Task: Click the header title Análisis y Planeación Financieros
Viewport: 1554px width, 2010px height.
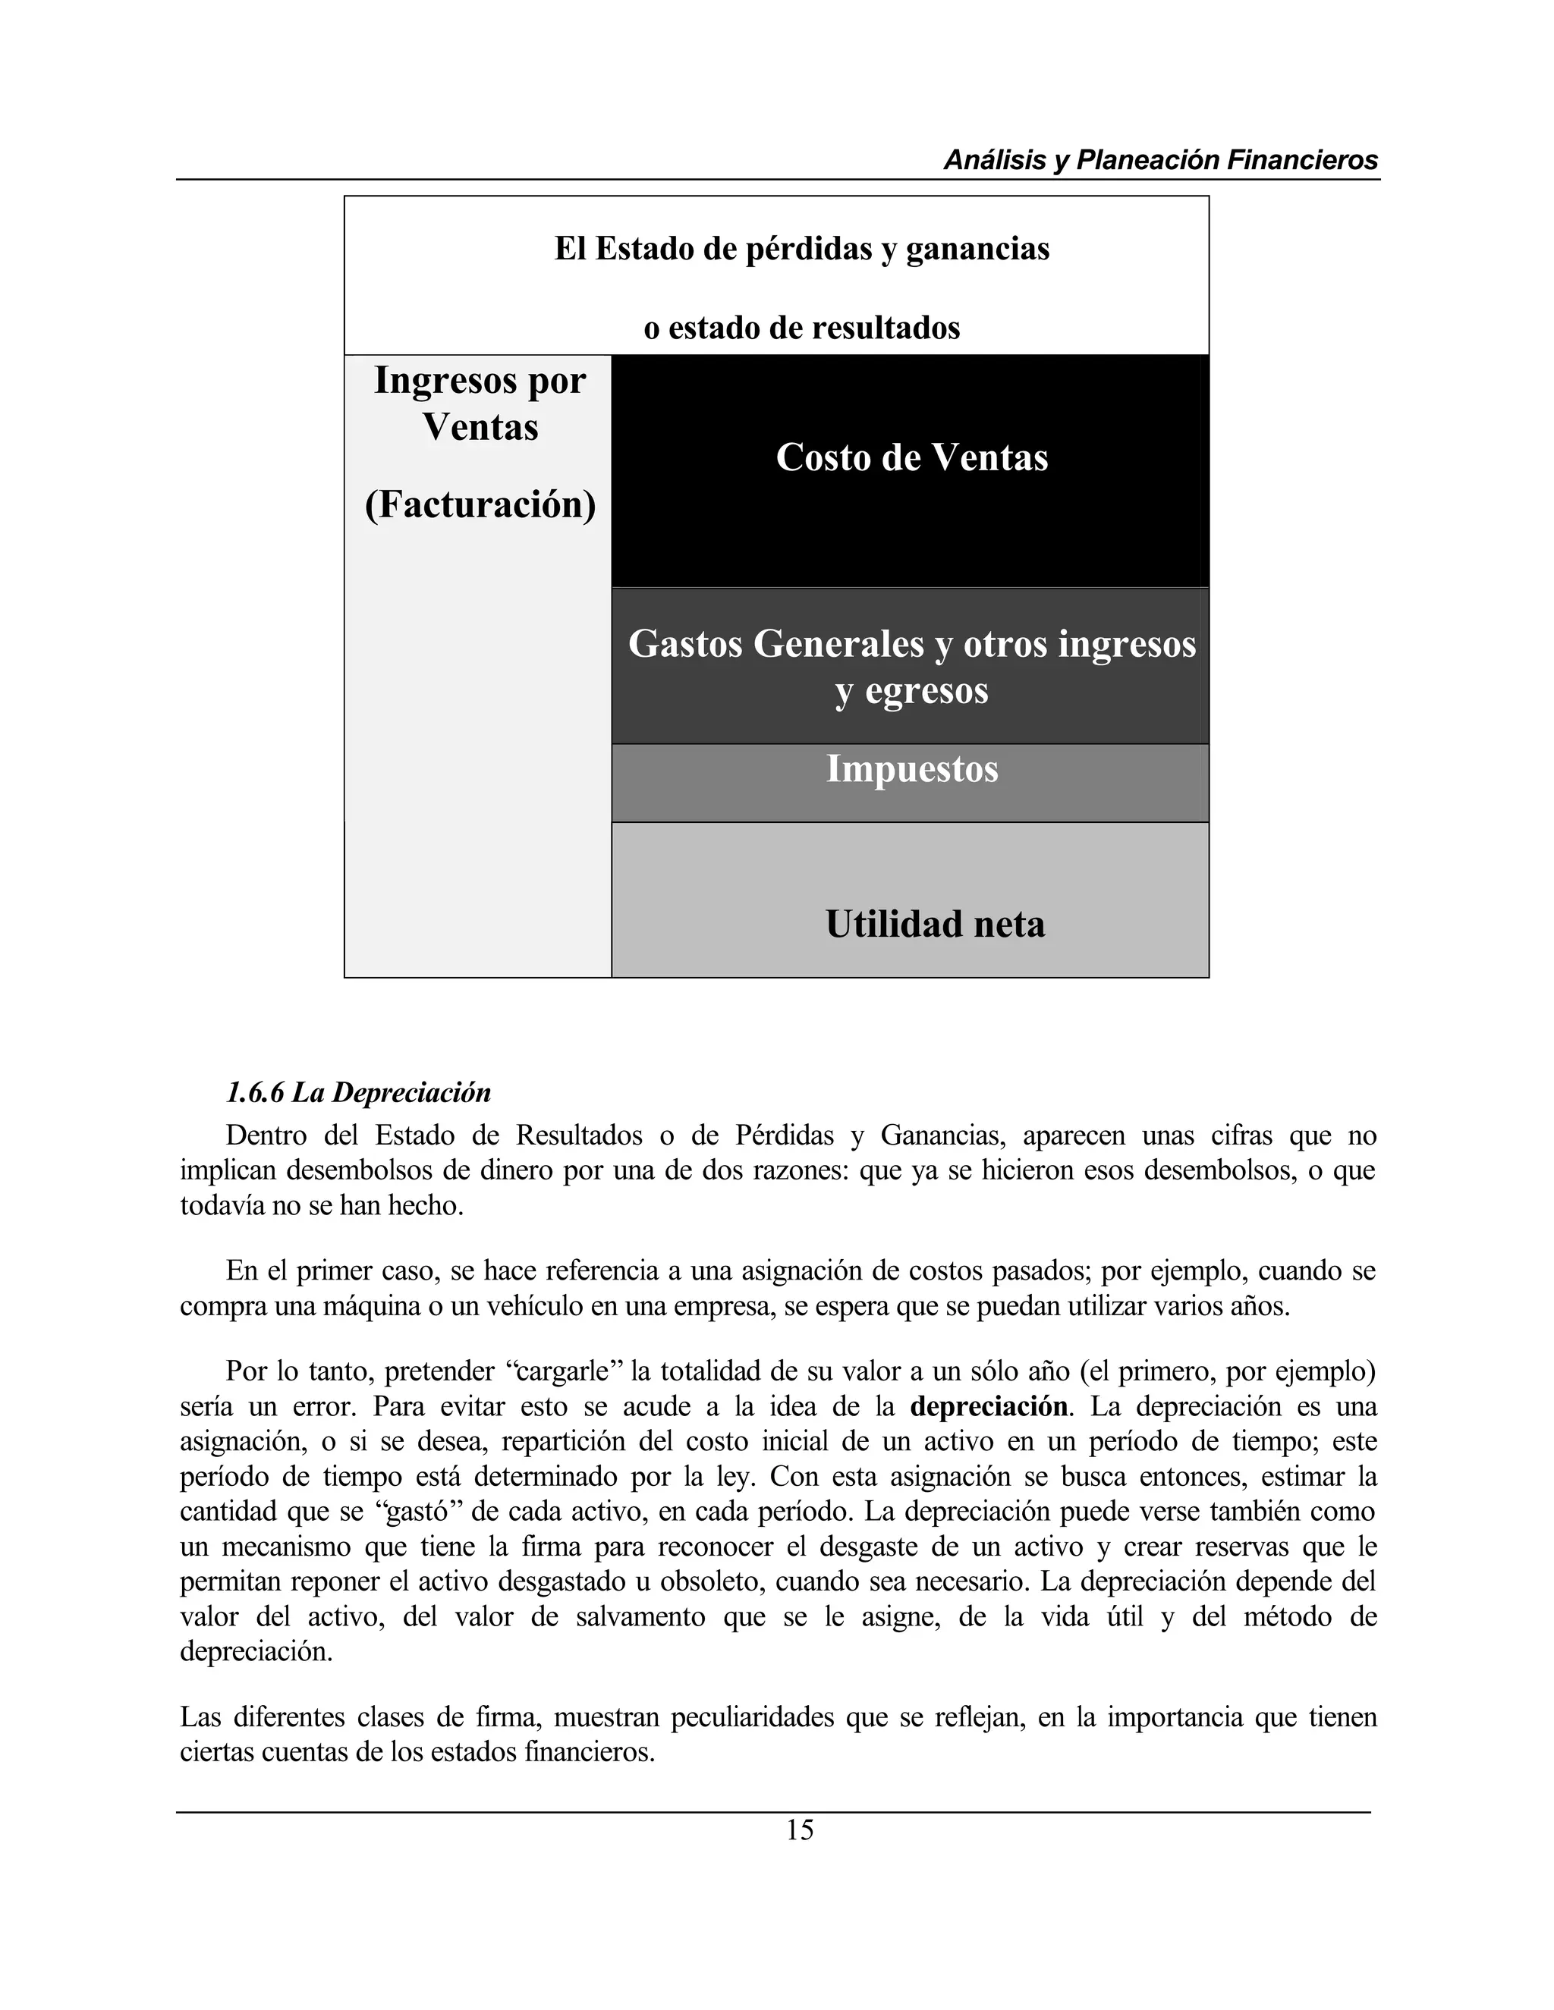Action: pos(1160,160)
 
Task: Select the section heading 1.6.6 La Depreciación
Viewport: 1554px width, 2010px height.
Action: pos(358,1092)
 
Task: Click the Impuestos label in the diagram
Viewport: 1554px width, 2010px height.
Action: pos(911,768)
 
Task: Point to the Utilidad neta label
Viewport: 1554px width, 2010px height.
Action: pos(934,924)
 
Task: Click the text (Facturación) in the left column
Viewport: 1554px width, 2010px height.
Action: pos(480,504)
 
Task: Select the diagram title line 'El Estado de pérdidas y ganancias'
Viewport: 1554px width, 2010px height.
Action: pos(801,249)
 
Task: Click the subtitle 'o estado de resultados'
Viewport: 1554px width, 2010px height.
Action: pos(801,328)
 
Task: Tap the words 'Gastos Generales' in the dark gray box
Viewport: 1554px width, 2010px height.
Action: pos(776,644)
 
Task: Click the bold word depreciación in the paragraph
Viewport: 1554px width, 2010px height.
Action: pos(989,1406)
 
